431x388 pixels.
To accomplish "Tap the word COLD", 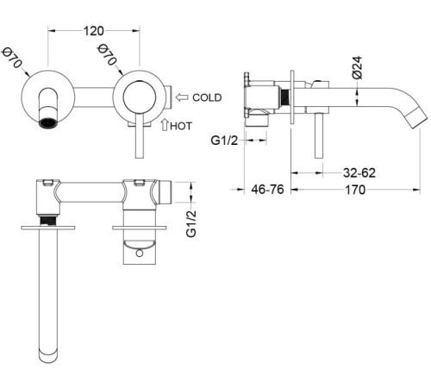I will coord(209,97).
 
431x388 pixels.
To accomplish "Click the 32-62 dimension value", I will coord(357,172).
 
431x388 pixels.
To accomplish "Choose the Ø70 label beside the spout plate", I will coord(12,60).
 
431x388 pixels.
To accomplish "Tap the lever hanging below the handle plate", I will coord(140,138).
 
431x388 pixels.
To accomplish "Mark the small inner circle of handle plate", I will coord(139,97).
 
